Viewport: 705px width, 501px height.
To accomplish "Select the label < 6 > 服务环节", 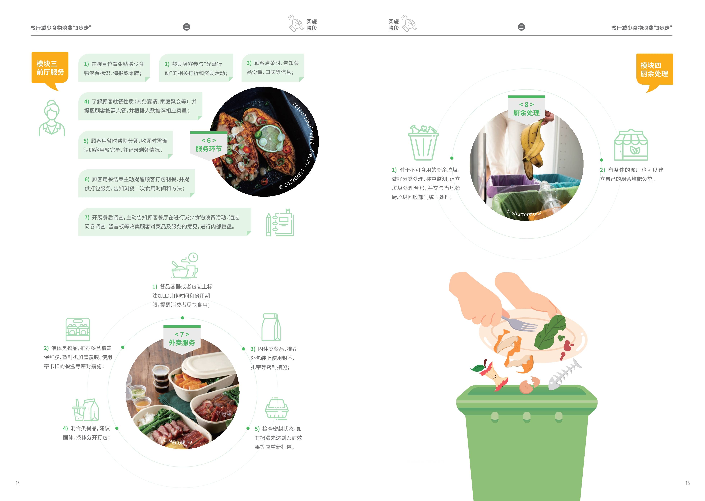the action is (x=209, y=145).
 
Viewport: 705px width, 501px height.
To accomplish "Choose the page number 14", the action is (x=18, y=483).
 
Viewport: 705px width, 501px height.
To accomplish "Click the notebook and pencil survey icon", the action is (x=280, y=223).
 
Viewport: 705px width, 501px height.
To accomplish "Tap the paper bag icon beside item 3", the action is (x=271, y=327).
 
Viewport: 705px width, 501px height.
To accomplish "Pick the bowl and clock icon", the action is (x=185, y=266).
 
